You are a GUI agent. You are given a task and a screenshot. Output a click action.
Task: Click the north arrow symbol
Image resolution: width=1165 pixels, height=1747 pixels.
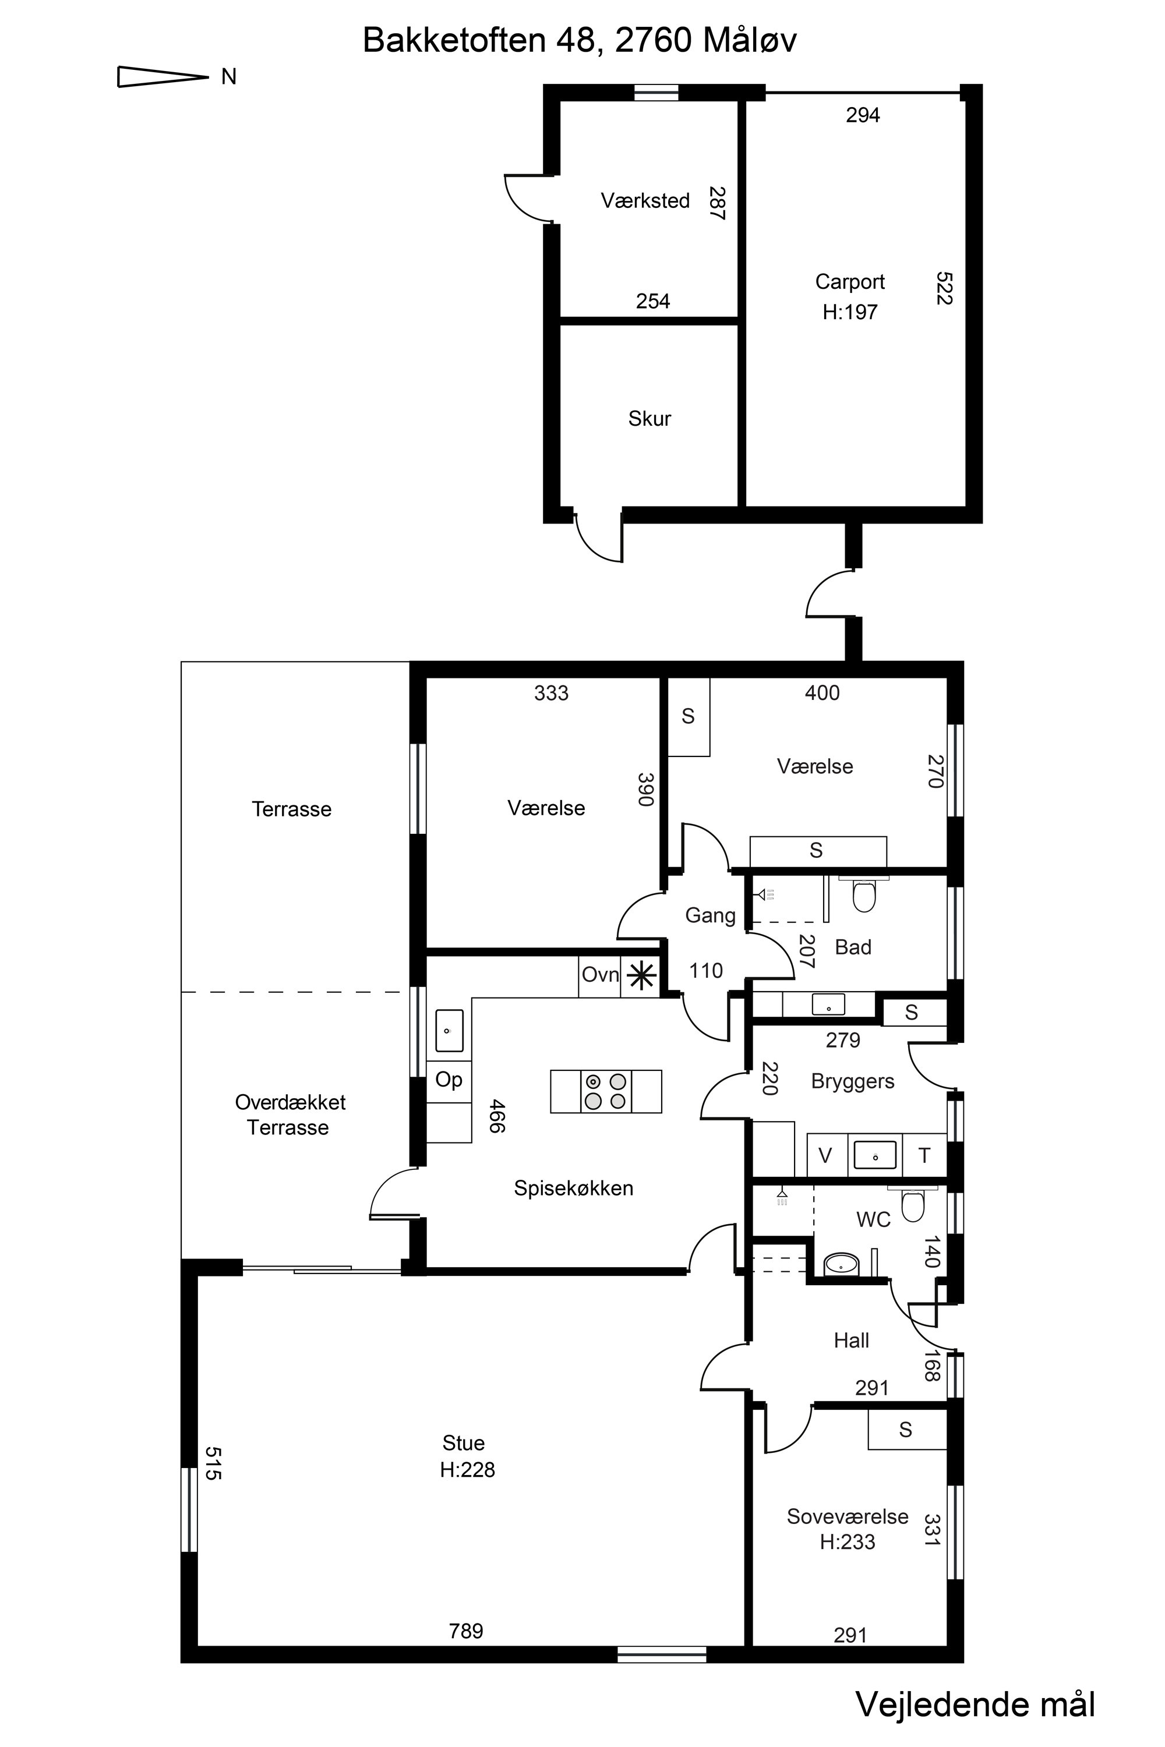[x=163, y=76]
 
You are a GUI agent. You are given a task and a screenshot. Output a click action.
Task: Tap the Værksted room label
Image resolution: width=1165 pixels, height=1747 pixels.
[x=645, y=200]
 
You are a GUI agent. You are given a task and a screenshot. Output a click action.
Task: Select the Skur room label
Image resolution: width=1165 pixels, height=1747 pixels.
[x=649, y=419]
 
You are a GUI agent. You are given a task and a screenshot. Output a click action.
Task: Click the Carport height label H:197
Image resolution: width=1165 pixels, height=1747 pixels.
[x=850, y=312]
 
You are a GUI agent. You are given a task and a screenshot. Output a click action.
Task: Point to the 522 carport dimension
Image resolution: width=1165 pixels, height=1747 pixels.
[x=944, y=288]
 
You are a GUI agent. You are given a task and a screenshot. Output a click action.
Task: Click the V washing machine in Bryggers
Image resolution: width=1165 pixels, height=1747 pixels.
[x=825, y=1156]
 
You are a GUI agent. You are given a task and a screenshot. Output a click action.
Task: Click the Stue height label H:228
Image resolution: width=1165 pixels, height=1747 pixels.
[x=467, y=1470]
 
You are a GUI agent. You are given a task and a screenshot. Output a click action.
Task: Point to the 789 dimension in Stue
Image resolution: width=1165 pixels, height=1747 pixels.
[x=466, y=1631]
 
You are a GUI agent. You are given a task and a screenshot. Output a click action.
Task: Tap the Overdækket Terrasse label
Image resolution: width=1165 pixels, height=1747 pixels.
[x=290, y=1115]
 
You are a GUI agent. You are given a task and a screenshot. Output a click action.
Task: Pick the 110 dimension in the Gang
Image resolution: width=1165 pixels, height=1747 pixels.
[x=706, y=971]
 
